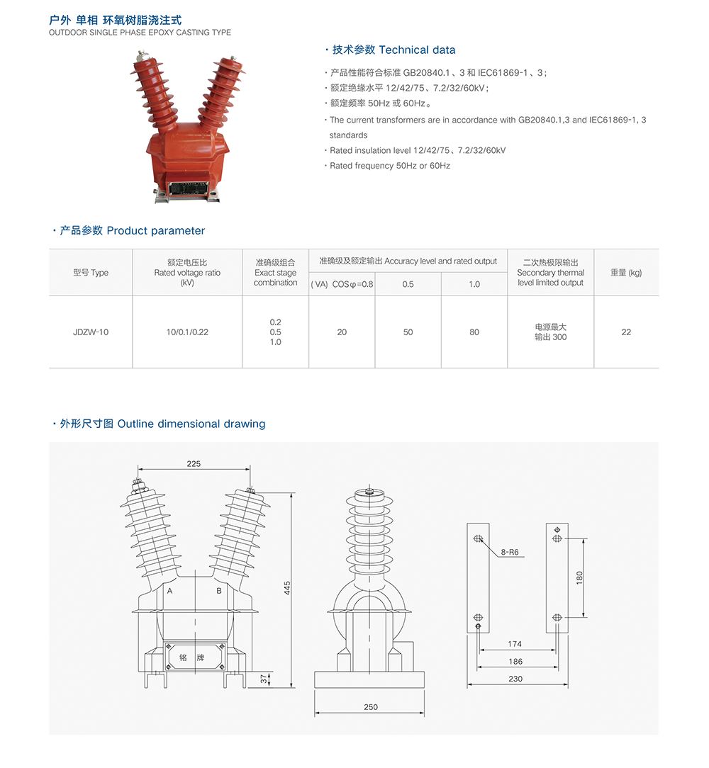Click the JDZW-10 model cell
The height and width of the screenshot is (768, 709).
click(91, 332)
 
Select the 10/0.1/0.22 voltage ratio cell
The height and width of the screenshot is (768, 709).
click(187, 332)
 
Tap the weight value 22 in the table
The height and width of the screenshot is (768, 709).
click(626, 332)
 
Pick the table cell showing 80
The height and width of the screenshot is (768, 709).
click(474, 332)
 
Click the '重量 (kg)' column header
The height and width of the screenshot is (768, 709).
click(626, 273)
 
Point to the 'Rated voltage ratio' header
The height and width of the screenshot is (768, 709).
click(187, 273)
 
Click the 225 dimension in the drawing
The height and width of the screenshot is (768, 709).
click(194, 464)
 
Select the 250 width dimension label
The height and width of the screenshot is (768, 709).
click(370, 706)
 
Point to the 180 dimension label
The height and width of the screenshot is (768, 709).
click(579, 577)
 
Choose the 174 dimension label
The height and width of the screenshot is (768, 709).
click(515, 644)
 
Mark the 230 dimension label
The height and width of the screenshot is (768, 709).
click(515, 679)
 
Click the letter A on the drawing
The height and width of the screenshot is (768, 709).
click(170, 590)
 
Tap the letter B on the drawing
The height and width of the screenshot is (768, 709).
click(219, 590)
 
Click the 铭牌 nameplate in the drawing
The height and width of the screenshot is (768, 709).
click(193, 657)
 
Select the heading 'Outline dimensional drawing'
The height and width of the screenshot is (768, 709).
click(191, 424)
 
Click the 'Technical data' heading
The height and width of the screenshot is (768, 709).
click(417, 50)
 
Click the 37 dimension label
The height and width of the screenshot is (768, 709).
click(264, 679)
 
